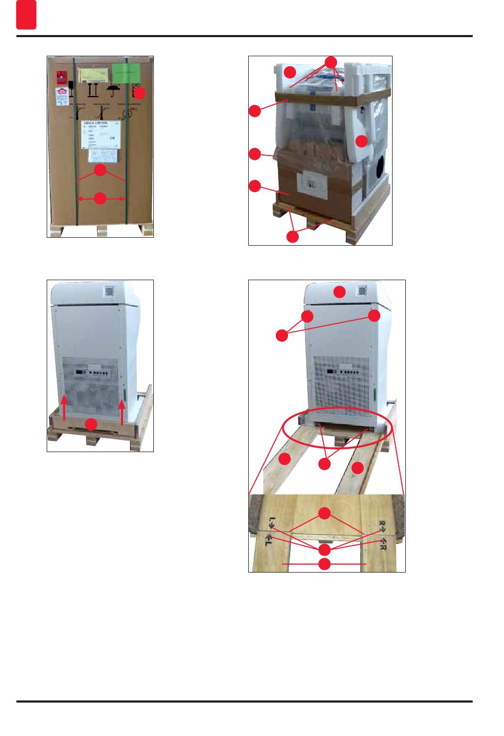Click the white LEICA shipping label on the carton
pos(104,134)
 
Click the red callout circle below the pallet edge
pos(292,237)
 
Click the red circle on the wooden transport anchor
pos(92,423)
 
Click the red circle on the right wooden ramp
pos(358,467)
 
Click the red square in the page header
pos(26,15)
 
